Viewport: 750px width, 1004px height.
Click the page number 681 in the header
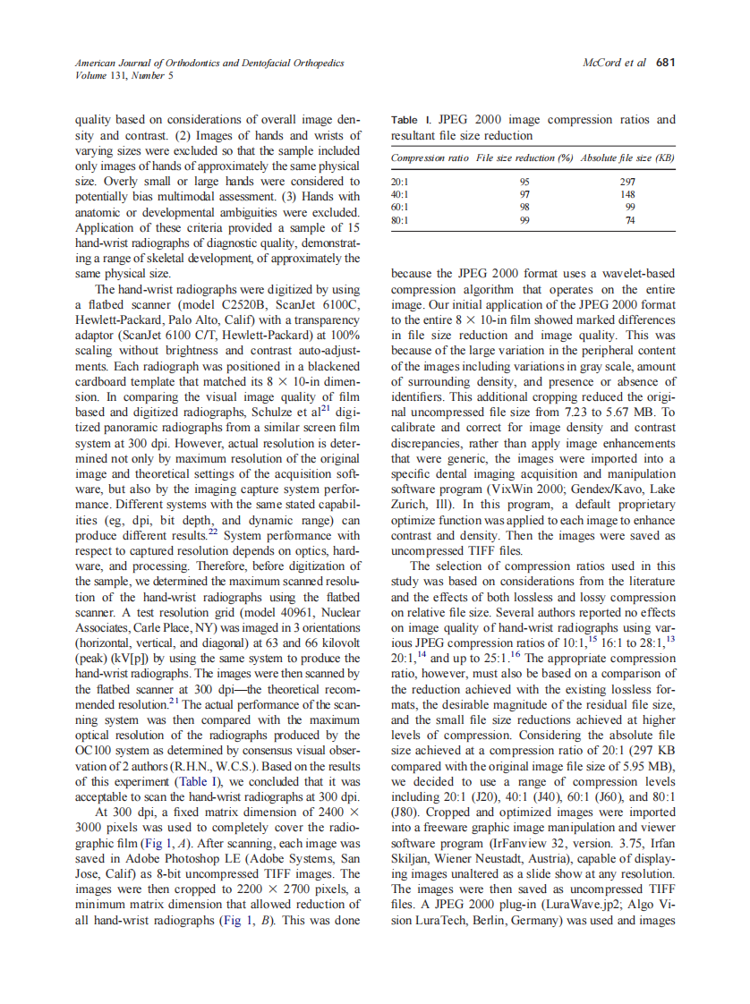pos(665,63)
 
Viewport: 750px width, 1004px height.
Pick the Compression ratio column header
pos(430,158)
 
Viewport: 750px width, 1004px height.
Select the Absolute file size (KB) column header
pos(627,158)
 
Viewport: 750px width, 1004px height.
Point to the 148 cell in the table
pos(627,193)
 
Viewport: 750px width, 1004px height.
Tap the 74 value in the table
pos(628,220)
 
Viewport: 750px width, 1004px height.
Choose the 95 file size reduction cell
pos(525,180)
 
